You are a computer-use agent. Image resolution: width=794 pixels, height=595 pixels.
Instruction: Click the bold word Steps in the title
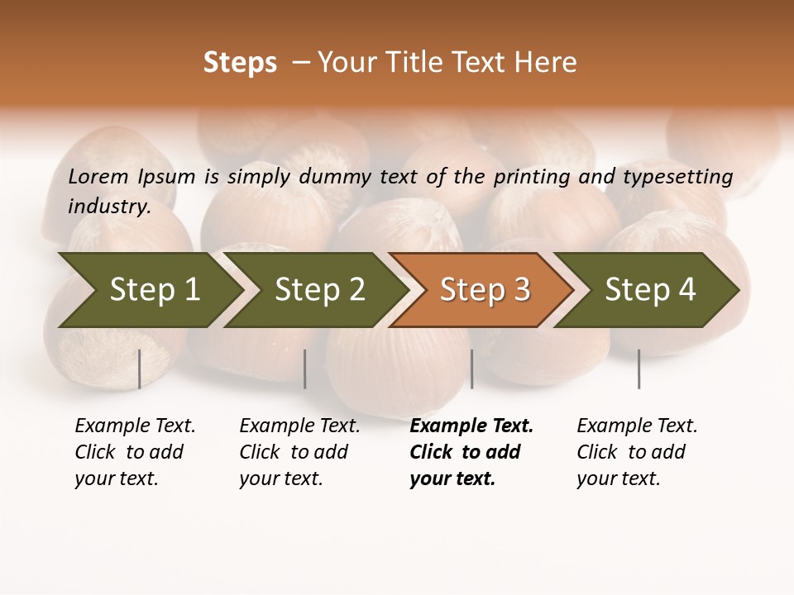click(x=240, y=63)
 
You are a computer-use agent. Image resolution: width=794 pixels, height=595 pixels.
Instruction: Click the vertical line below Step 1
click(x=140, y=369)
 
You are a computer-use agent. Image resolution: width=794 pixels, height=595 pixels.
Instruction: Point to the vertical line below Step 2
click(x=305, y=369)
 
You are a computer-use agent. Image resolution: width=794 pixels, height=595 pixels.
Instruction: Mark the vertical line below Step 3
click(x=471, y=369)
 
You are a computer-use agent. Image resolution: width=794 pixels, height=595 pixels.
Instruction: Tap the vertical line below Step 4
click(x=639, y=369)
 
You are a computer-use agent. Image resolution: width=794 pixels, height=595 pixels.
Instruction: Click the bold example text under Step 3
click(x=471, y=452)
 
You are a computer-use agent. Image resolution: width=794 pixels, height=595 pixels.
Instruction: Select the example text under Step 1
click(x=135, y=452)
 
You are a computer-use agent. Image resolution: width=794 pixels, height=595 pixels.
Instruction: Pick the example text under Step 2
click(x=299, y=452)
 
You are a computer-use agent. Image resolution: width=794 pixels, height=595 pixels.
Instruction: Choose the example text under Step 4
click(x=637, y=452)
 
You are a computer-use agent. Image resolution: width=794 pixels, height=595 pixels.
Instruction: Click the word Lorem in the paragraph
click(x=98, y=176)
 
